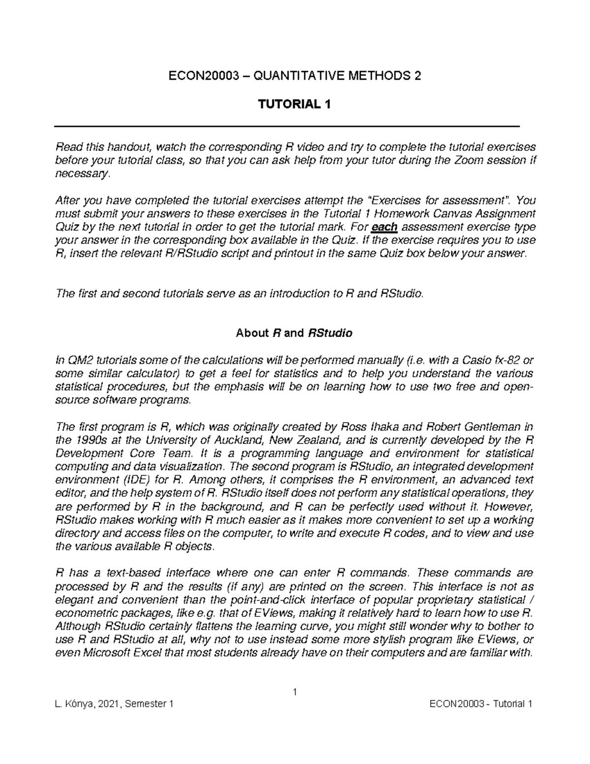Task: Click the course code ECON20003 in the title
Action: [196, 76]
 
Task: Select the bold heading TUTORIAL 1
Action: [295, 104]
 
